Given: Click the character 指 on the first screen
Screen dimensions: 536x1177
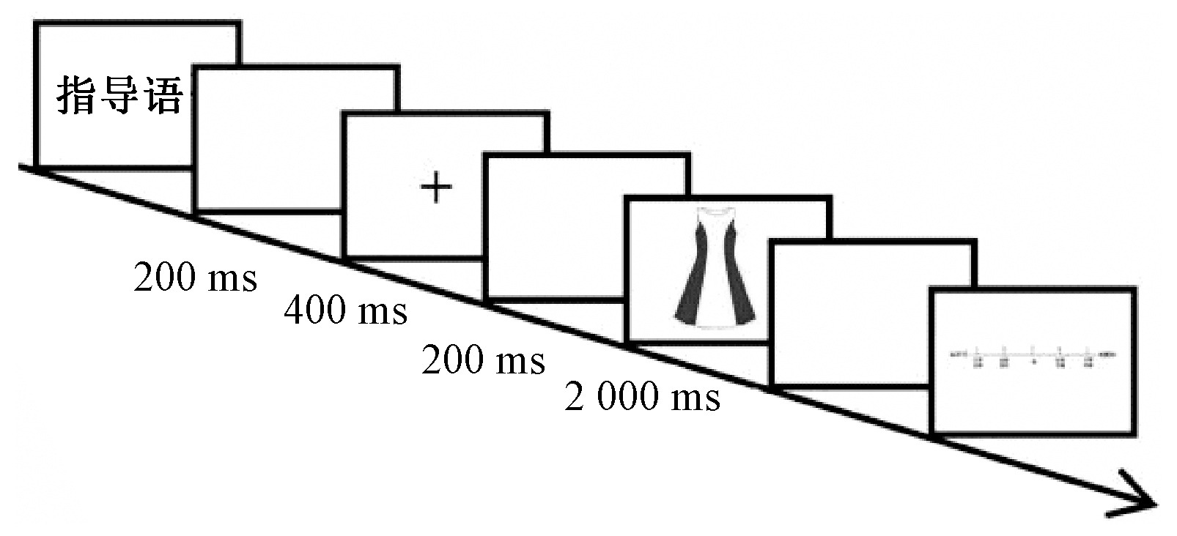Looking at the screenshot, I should tap(77, 96).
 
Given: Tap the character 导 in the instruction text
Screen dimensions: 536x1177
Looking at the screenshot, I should tap(119, 96).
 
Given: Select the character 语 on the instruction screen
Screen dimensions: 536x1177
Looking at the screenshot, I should tap(163, 96).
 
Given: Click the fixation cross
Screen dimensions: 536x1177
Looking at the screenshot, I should tap(436, 187).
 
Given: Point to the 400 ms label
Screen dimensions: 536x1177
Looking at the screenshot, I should tap(345, 310).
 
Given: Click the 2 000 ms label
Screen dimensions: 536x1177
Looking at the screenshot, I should tap(642, 397).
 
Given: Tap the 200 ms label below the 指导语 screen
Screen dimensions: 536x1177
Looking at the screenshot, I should tap(195, 278).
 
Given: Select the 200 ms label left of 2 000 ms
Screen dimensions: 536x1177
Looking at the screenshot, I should tap(483, 360).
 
